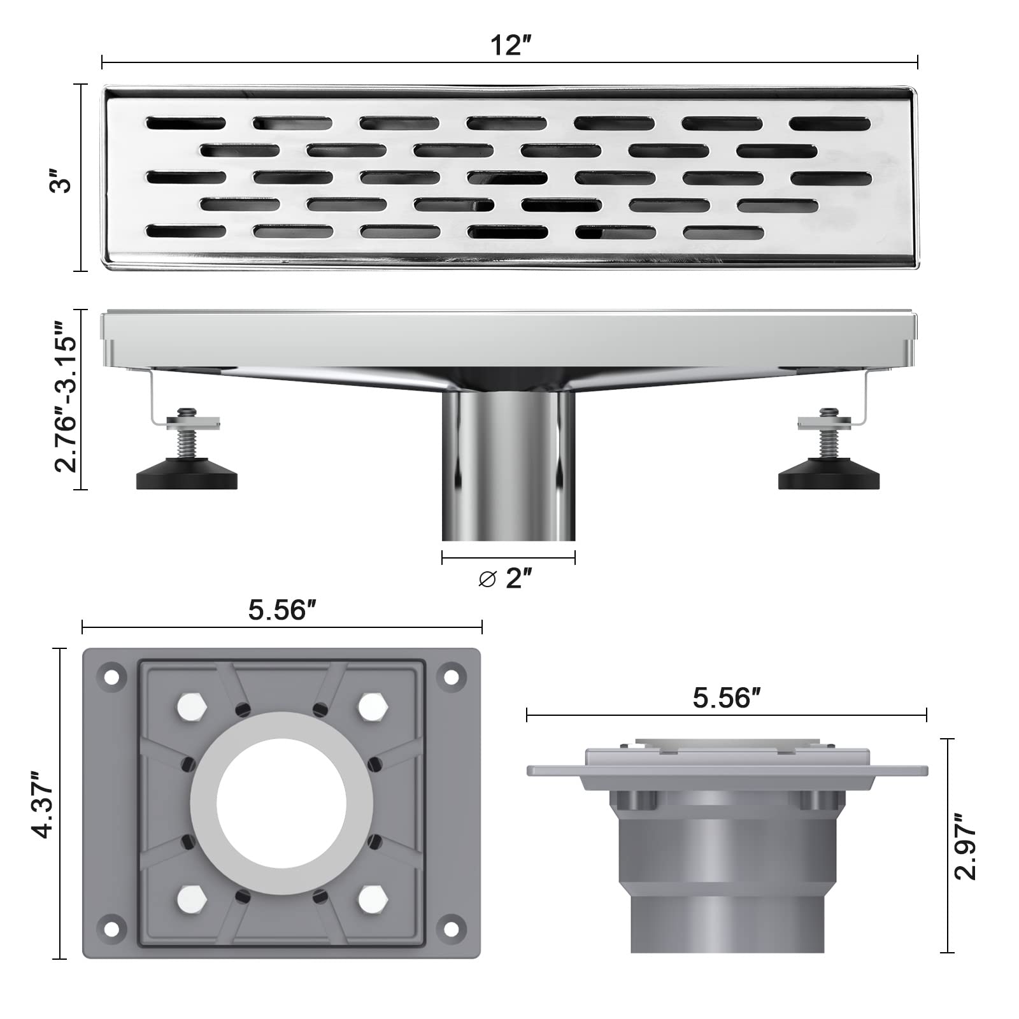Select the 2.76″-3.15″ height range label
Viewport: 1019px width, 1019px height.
(66, 399)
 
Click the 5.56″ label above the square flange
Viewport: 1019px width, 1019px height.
(282, 611)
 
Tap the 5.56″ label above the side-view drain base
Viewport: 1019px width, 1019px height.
(727, 699)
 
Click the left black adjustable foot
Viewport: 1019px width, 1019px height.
(187, 474)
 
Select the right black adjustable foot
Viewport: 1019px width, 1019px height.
(829, 474)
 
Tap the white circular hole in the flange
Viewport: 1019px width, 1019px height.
(281, 802)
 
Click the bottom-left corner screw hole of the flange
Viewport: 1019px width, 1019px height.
(111, 927)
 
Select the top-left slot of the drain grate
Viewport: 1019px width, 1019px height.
(185, 123)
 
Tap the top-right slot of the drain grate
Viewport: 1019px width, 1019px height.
(830, 124)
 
